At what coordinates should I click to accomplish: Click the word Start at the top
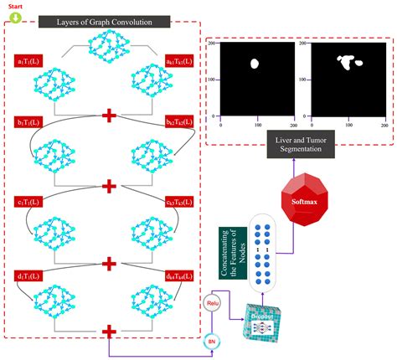click(15, 5)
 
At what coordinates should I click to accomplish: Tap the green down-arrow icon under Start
click(15, 15)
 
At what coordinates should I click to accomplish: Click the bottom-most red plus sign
click(108, 332)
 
